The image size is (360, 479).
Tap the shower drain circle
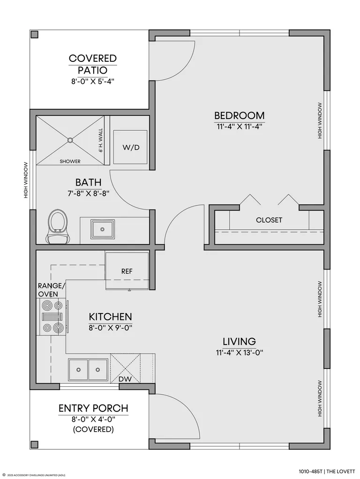tap(70, 140)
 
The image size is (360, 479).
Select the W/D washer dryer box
tap(131, 148)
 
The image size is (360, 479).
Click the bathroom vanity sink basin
tap(102, 229)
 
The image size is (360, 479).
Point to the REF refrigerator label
tap(127, 271)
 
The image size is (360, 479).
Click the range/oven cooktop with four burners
tap(52, 316)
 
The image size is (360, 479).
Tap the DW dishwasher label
tap(125, 379)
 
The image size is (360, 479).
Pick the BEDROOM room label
tap(239, 116)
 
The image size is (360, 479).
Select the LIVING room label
tap(239, 341)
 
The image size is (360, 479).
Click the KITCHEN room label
tap(110, 316)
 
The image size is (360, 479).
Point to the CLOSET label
tap(269, 220)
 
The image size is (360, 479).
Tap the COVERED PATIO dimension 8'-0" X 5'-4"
tap(93, 82)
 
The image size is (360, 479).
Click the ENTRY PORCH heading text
tap(93, 408)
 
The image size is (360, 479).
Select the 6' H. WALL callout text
tap(100, 140)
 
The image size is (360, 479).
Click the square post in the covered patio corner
tap(35, 35)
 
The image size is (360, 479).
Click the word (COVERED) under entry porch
tap(93, 429)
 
